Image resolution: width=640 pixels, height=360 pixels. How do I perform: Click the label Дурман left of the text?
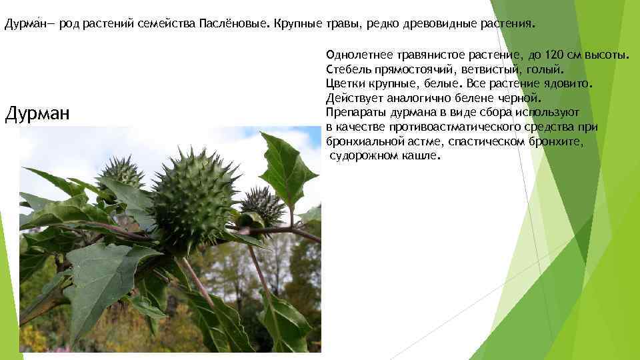pyautogui.click(x=37, y=114)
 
